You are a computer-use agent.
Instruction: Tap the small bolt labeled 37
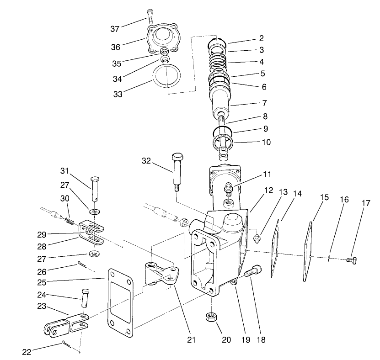[149, 16]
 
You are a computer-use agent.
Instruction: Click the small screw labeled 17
[352, 260]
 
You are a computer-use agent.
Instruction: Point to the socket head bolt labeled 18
[251, 273]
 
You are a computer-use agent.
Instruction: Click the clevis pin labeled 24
[86, 297]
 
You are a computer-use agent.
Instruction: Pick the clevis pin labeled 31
[95, 187]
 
